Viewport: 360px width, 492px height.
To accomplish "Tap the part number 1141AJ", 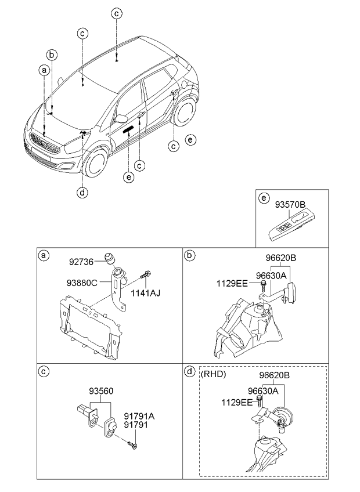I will (x=146, y=293).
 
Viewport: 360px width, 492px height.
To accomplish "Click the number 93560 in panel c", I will (x=100, y=391).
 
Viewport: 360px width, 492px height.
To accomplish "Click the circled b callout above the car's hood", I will (x=52, y=55).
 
